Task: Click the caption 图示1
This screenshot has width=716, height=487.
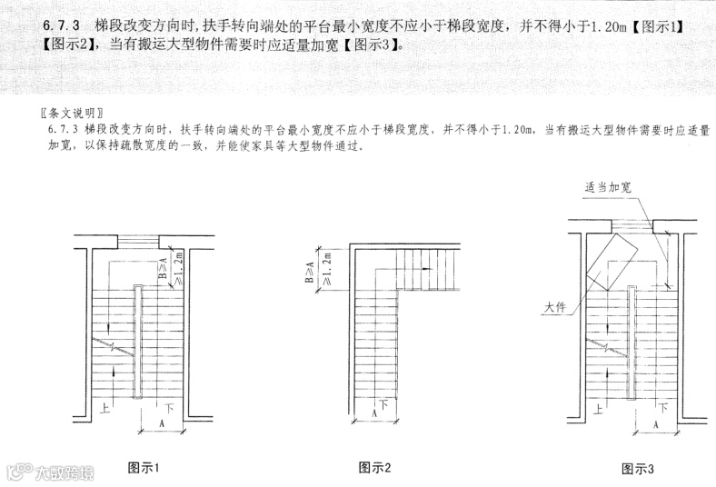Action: pyautogui.click(x=144, y=468)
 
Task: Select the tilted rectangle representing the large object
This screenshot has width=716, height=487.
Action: pyautogui.click(x=614, y=261)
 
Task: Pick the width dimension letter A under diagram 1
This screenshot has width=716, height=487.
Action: pyautogui.click(x=161, y=424)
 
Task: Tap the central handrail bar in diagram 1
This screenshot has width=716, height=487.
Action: pyautogui.click(x=137, y=341)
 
